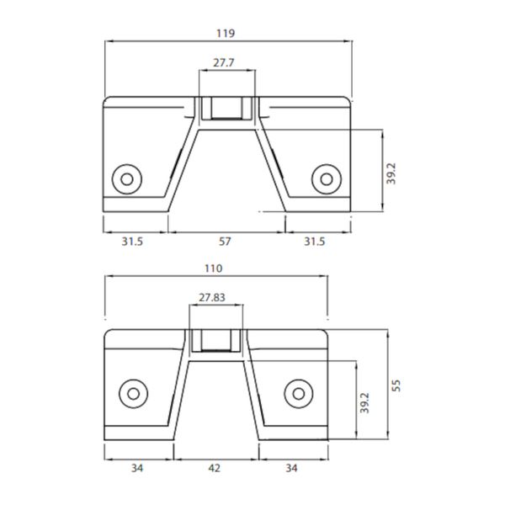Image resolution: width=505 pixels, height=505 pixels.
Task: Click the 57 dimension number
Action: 225,242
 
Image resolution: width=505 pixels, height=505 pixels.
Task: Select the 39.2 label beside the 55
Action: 364,405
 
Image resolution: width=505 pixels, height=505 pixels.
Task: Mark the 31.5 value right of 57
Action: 314,242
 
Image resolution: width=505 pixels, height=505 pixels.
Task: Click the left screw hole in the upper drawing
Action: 128,178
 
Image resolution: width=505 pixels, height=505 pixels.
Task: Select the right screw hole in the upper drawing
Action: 325,178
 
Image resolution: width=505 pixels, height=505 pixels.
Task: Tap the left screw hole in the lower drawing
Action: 132,393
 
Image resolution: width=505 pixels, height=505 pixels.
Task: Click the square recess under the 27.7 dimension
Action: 225,108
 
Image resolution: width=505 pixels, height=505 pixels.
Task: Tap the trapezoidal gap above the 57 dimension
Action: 226,177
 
